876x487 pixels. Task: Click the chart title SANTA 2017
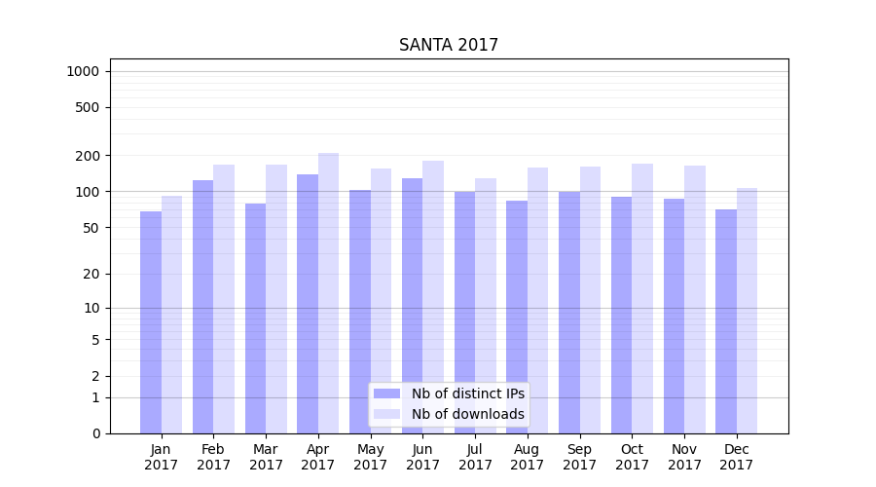448,46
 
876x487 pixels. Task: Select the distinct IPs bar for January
151,321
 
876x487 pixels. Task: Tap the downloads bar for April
329,292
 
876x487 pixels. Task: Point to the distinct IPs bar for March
255,318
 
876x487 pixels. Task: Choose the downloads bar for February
224,298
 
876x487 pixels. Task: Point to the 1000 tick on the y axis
83,71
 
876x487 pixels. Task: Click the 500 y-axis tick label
88,107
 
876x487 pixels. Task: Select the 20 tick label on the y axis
91,274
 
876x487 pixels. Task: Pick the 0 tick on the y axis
95,433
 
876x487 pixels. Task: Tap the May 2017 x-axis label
370,457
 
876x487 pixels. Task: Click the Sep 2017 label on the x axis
579,457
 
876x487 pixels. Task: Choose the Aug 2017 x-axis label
527,457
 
